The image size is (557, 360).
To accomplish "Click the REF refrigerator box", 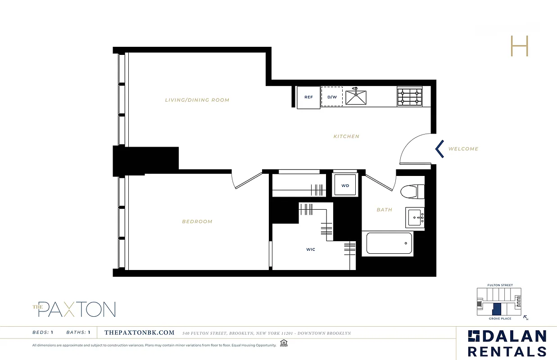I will [x=308, y=97].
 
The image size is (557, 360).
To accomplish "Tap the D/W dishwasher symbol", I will [x=332, y=97].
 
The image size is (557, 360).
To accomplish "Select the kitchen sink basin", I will [x=356, y=97].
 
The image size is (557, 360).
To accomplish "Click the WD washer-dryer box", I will [x=345, y=185].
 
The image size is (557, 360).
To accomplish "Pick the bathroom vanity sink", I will [x=415, y=218].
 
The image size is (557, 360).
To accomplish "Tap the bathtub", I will [x=389, y=243].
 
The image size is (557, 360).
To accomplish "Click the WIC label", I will [x=311, y=249].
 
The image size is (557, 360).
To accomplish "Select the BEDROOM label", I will [x=197, y=221].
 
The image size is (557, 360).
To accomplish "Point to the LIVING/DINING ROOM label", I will [x=197, y=100].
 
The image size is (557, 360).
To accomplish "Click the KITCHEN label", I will [x=346, y=136].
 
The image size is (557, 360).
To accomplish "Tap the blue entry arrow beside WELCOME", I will [x=439, y=149].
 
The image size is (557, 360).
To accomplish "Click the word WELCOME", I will [x=463, y=149].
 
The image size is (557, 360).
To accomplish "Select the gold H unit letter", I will [x=519, y=46].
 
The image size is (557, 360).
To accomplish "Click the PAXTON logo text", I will [x=77, y=310].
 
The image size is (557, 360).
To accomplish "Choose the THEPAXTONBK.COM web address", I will [x=139, y=333].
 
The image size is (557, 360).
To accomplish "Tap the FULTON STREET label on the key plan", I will [x=500, y=285].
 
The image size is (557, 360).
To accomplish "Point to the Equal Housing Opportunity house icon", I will [x=283, y=344].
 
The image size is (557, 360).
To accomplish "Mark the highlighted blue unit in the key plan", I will [x=497, y=309].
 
